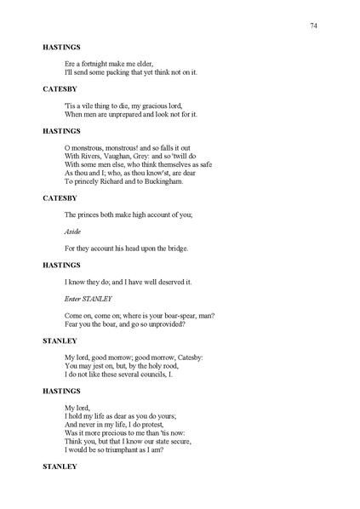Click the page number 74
(313, 27)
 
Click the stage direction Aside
(73, 231)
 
